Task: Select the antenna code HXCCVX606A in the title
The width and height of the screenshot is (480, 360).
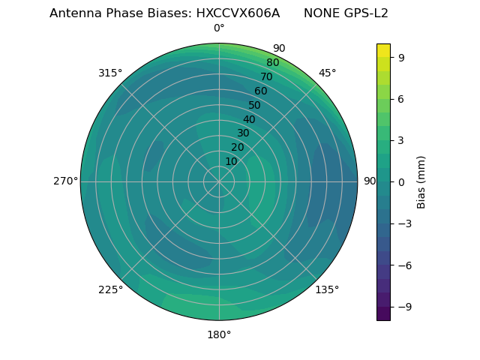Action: coord(242,13)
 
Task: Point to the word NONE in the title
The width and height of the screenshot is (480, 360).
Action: coord(321,13)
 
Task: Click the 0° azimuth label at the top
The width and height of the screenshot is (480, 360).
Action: coord(219,28)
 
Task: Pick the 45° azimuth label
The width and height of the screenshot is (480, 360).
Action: coord(327,73)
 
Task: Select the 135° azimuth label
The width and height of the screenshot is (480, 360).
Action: coord(327,289)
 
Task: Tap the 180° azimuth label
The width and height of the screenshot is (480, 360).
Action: coord(219,334)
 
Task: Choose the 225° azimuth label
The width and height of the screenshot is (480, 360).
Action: coord(110,289)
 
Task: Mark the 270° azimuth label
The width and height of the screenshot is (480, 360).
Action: coord(65,181)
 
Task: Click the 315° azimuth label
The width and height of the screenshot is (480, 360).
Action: coord(110,73)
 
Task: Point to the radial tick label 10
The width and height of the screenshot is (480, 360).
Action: coord(231,161)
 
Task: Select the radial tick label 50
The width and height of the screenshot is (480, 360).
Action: coord(255,105)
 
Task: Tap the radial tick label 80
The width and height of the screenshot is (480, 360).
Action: coord(272,63)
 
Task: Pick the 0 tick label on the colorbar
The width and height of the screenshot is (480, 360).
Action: coord(401,181)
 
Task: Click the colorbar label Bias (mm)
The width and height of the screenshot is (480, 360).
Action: coord(421,181)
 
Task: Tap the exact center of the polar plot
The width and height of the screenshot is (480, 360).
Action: coord(219,181)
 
